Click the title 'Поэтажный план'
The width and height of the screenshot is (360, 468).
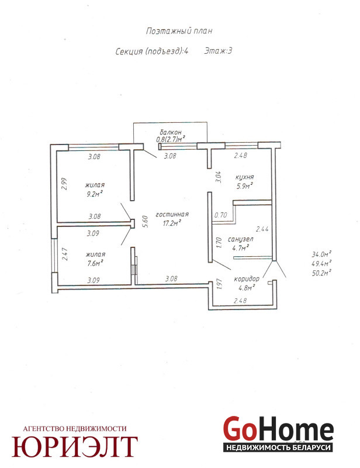pyautogui.click(x=179, y=31)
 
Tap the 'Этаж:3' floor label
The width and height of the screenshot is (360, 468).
pyautogui.click(x=218, y=51)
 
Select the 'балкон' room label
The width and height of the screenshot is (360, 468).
pyautogui.click(x=170, y=132)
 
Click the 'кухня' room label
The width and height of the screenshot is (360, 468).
pyautogui.click(x=244, y=177)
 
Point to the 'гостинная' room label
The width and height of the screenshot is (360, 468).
pyautogui.click(x=172, y=214)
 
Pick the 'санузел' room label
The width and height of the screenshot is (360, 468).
pyautogui.click(x=240, y=239)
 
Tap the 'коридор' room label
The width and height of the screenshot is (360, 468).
pyautogui.click(x=247, y=279)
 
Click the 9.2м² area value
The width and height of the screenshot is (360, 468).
pyautogui.click(x=95, y=194)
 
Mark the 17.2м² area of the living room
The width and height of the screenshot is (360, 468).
pyautogui.click(x=172, y=223)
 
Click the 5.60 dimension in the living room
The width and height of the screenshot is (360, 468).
pyautogui.click(x=146, y=222)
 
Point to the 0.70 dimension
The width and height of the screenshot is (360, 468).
pyautogui.click(x=221, y=215)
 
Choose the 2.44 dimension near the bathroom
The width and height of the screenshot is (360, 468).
pyautogui.click(x=262, y=229)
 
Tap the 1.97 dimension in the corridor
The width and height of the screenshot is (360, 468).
pyautogui.click(x=219, y=284)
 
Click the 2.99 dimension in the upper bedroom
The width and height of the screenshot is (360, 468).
pyautogui.click(x=64, y=184)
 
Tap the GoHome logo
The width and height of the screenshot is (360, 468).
pyautogui.click(x=278, y=434)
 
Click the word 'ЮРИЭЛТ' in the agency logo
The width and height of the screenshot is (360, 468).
pyautogui.click(x=75, y=446)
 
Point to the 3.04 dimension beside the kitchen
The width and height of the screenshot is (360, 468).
pyautogui.click(x=219, y=177)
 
